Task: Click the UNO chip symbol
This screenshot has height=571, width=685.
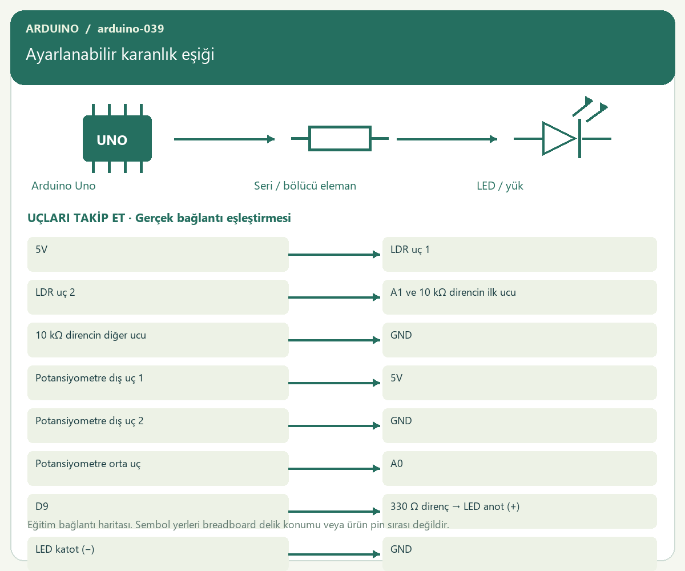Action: [x=117, y=139]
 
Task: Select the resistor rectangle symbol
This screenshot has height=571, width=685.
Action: [x=340, y=139]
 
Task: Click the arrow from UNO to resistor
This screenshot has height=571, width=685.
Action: [x=224, y=139]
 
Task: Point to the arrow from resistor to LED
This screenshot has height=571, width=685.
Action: [x=447, y=139]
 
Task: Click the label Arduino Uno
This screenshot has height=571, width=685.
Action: [x=63, y=186]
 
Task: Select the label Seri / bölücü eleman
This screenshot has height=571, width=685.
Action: [x=305, y=186]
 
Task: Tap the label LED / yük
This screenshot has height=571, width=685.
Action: [x=499, y=186]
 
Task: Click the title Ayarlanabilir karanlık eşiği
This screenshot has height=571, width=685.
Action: [x=120, y=54]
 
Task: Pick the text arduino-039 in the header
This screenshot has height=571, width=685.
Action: [x=131, y=29]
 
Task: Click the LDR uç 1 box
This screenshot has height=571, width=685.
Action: [x=519, y=254]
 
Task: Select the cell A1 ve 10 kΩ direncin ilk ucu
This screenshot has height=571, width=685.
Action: [x=519, y=297]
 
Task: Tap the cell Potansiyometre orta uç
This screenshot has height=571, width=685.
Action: [x=158, y=469]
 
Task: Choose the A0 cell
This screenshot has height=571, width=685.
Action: [x=519, y=469]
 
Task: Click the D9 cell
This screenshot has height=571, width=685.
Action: [x=158, y=511]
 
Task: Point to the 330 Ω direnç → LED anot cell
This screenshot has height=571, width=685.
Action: [x=519, y=511]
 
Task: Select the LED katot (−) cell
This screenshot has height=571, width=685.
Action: [x=158, y=554]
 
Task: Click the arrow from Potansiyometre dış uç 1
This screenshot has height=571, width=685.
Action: [x=335, y=383]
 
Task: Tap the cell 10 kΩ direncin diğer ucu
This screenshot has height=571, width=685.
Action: [x=158, y=340]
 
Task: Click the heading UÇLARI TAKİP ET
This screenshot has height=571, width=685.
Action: [x=76, y=218]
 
